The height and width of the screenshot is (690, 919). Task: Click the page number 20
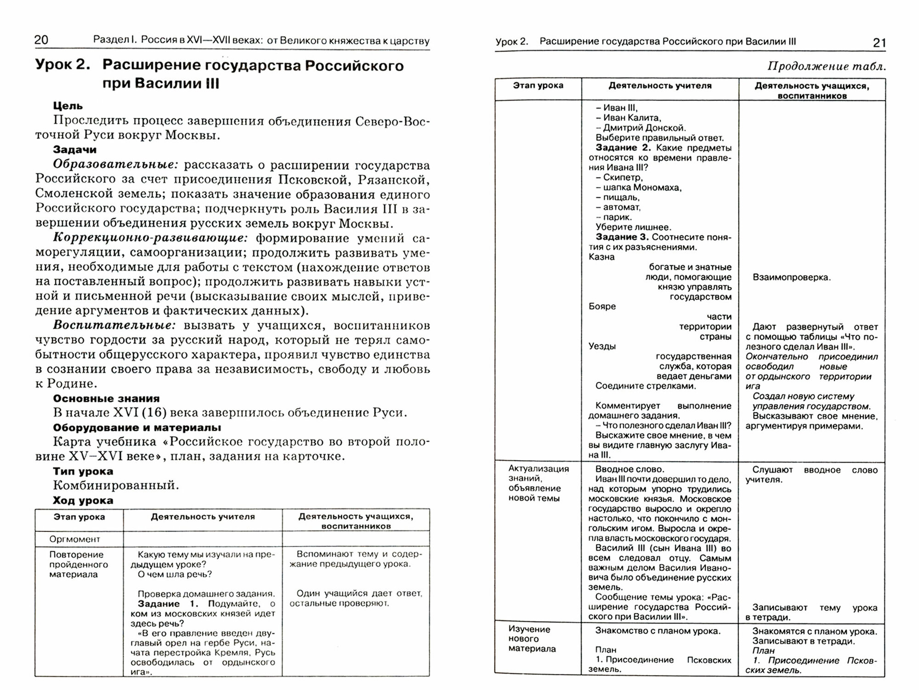coord(41,40)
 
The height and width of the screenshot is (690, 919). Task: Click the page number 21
coord(879,43)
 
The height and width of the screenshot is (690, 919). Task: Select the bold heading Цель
coord(68,106)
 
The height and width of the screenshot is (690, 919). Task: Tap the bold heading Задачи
coord(75,149)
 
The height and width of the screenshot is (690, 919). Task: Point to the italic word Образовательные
coord(115,165)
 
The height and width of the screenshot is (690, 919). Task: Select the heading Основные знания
coord(106,399)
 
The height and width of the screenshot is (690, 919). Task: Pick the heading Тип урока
coord(83,471)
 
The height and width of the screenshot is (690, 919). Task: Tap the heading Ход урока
coord(83,500)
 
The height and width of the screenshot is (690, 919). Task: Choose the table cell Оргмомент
coord(74,539)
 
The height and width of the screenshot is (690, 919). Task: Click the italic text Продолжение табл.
coord(826,67)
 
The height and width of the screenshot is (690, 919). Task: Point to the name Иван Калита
coord(632,118)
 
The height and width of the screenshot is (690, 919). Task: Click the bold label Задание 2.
coord(624,148)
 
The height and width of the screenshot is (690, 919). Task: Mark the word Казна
coord(601,257)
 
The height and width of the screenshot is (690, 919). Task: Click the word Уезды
coord(602,346)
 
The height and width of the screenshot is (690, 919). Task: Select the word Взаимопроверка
coord(791,277)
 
